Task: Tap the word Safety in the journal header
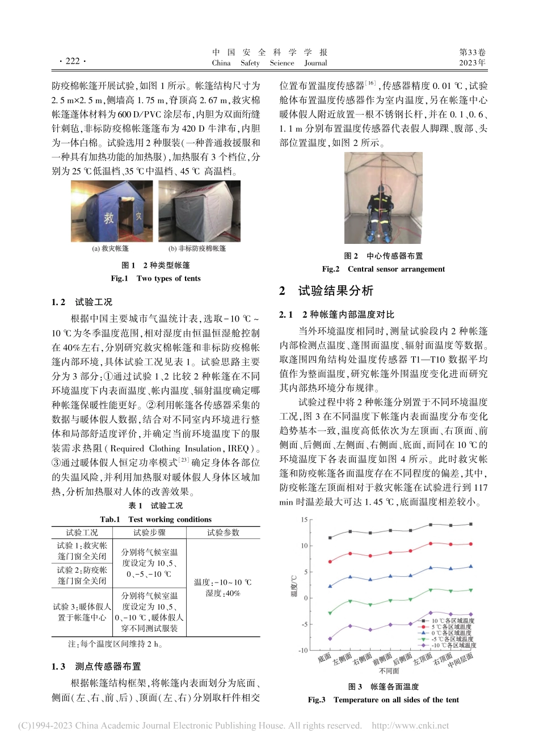point(250,64)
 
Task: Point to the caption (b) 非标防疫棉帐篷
point(197,248)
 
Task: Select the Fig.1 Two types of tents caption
point(155,278)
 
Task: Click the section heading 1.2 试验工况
point(82,302)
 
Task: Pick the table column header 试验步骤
point(149,533)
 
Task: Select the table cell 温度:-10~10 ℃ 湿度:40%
point(222,588)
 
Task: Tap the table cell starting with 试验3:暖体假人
point(82,612)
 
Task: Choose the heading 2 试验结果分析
point(326,291)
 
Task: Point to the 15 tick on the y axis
point(304,520)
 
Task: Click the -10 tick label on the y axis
point(303,651)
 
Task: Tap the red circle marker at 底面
point(330,562)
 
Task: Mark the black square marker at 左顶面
point(431,525)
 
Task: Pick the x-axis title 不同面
point(389,671)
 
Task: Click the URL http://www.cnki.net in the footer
point(410,726)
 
